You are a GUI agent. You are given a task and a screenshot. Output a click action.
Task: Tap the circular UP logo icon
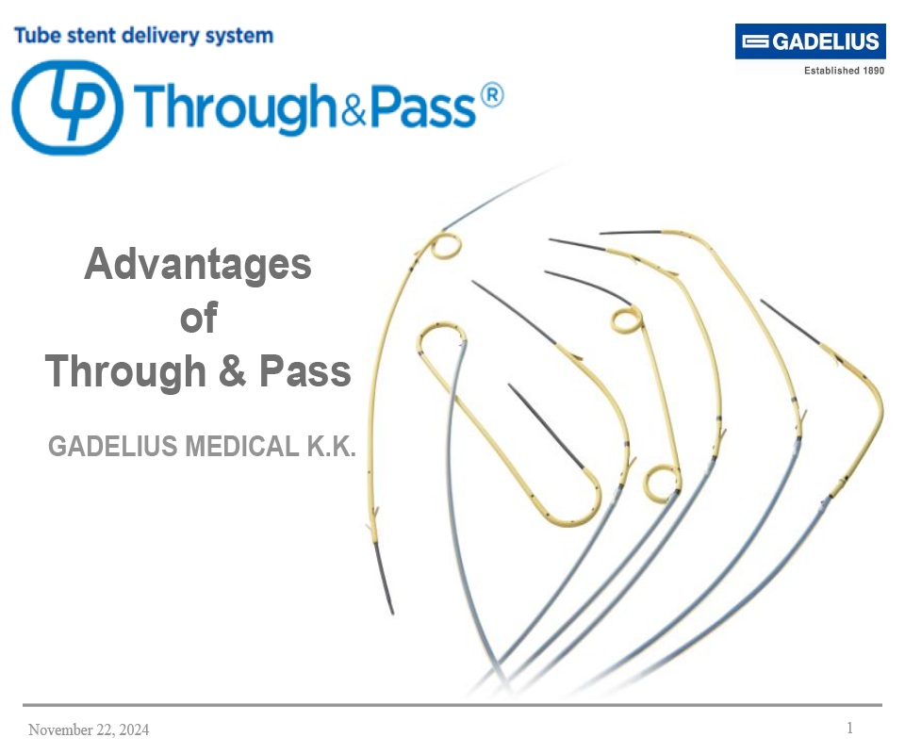tap(66, 107)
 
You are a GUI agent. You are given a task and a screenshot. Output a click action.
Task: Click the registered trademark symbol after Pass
tap(490, 95)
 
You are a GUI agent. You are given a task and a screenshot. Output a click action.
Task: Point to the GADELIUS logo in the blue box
tap(810, 41)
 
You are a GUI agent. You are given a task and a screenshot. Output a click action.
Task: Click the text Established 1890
tap(843, 70)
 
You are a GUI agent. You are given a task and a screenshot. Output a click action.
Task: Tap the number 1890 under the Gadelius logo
tap(872, 70)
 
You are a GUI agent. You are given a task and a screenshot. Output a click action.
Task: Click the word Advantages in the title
tap(198, 264)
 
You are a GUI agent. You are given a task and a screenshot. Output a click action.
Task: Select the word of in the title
tap(198, 319)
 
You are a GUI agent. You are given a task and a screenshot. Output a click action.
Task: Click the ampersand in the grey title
tap(233, 371)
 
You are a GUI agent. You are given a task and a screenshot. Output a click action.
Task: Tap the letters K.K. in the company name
tap(330, 446)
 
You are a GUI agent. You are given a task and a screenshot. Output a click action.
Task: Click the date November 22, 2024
tap(89, 729)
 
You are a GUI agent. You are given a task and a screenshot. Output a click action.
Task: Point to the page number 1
tap(849, 728)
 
